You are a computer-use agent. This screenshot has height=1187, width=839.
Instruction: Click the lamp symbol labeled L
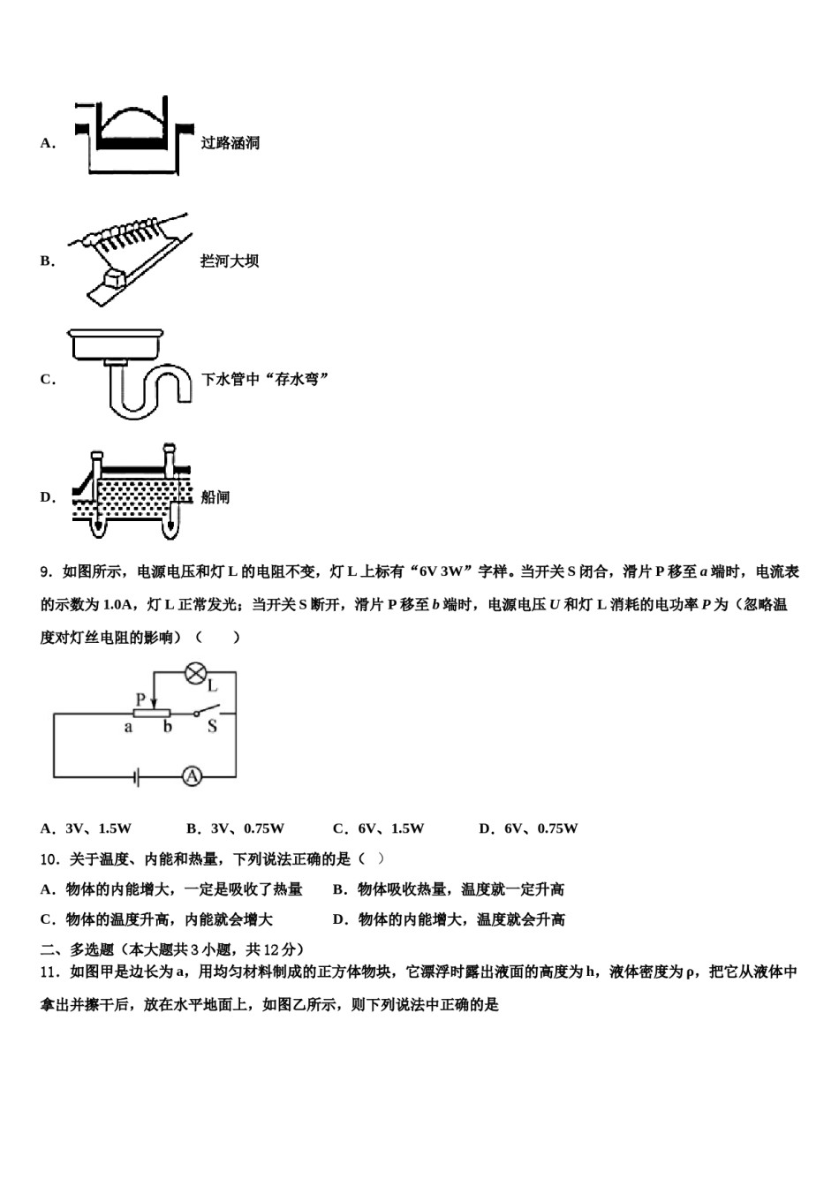194,673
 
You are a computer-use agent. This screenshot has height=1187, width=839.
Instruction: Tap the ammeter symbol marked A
192,776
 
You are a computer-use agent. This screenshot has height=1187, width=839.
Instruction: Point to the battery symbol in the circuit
134,776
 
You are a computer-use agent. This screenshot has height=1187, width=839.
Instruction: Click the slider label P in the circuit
140,699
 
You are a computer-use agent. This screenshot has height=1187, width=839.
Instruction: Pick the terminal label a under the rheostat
128,728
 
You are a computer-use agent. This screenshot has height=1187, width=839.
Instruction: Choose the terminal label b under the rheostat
167,728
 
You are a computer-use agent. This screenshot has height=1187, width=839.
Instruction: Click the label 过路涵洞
230,143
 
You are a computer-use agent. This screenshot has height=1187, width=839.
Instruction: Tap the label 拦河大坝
230,261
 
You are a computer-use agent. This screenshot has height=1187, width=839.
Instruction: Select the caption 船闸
215,497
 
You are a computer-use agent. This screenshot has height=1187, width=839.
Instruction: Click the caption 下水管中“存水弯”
265,379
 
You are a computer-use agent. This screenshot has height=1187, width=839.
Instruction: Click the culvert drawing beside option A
132,137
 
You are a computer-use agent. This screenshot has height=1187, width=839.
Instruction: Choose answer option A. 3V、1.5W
86,828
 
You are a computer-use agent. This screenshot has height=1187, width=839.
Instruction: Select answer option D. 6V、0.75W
528,828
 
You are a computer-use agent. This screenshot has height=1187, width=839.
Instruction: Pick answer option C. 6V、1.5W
378,828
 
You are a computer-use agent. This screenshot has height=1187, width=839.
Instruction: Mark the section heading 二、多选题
78,949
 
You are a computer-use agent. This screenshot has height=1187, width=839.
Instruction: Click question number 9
46,572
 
